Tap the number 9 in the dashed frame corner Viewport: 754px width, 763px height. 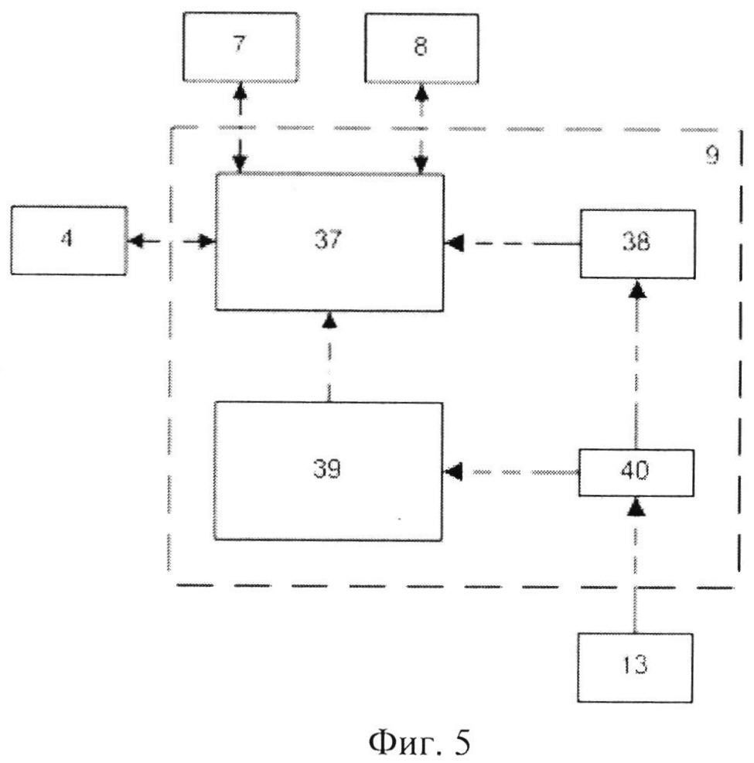[712, 155]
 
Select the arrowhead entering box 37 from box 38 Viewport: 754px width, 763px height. [454, 243]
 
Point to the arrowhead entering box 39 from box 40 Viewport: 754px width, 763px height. [453, 472]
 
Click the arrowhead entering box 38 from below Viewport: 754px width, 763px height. [637, 289]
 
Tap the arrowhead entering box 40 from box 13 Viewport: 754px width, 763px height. [636, 507]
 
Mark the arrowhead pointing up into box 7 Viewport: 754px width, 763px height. [240, 91]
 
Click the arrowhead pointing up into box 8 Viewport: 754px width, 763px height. [421, 92]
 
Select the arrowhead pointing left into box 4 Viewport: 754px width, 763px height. [136, 240]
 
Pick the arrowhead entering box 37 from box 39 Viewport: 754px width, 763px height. [330, 320]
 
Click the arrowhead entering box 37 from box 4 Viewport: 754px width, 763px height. [207, 241]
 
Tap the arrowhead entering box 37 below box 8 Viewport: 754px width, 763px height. [421, 165]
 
